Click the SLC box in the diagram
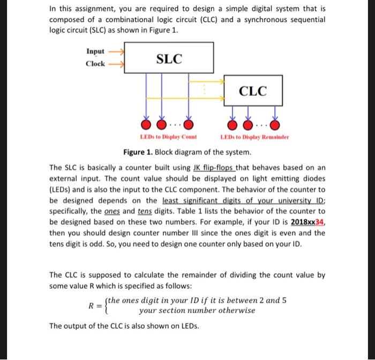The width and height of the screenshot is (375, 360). pos(169,58)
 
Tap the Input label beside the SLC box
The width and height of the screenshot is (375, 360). pos(95,51)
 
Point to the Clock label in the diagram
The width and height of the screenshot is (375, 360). pos(95,64)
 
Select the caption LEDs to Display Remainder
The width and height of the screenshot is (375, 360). pos(254,137)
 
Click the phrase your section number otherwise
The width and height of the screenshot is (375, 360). pos(197,310)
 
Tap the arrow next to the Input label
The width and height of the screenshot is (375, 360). pos(116,51)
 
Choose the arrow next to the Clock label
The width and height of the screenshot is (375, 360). pos(116,64)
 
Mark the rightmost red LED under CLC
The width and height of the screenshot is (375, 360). pos(275,125)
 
